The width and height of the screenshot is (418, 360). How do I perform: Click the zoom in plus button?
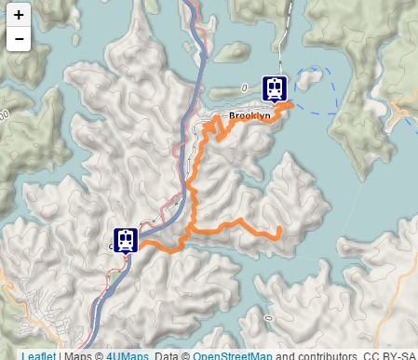tap(19, 15)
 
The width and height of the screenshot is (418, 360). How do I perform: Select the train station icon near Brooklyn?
tap(275, 87)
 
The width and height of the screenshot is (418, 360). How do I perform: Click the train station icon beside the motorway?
tap(126, 240)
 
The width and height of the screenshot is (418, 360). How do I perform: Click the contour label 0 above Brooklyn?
tap(240, 87)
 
